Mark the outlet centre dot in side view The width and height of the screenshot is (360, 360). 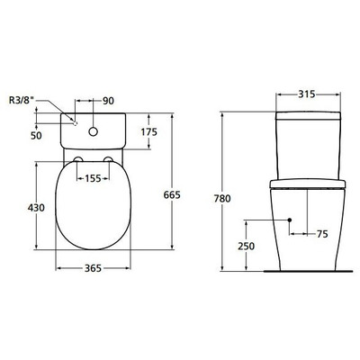coord(288,220)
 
